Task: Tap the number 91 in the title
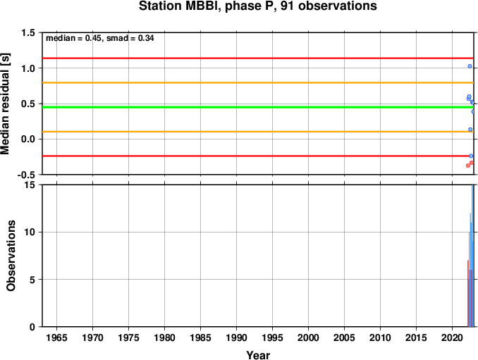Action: click(288, 6)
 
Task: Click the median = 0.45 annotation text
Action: click(73, 38)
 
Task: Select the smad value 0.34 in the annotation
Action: click(146, 38)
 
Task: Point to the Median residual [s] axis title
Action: click(5, 104)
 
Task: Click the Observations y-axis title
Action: click(11, 256)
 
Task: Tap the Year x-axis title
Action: click(258, 355)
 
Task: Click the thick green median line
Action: click(258, 107)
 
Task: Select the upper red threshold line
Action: click(258, 58)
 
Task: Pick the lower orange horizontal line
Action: click(258, 132)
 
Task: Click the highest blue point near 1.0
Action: click(470, 66)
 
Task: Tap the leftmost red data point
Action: click(468, 166)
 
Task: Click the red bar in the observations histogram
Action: click(468, 293)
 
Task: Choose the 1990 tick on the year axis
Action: click(237, 337)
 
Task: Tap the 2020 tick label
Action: click(453, 337)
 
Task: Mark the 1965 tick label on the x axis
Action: click(57, 337)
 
